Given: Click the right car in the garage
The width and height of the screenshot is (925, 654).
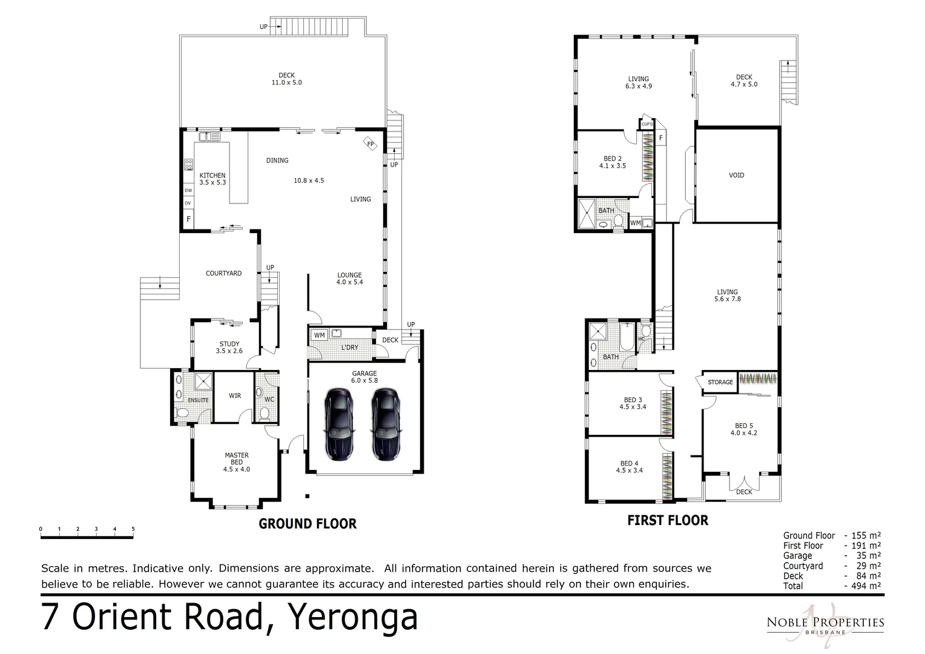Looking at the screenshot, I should coord(386,423).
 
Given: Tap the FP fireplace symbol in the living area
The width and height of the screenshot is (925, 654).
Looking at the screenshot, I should coord(370,144).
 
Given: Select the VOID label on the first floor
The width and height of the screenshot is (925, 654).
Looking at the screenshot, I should coord(736,175).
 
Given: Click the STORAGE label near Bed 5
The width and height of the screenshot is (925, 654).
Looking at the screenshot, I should coord(720,382).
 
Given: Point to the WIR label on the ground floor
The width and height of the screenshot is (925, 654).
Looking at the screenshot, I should coord(235,396).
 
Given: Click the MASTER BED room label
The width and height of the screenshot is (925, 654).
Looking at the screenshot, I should coord(236,459).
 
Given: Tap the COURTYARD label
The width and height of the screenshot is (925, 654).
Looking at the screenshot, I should coord(223,274).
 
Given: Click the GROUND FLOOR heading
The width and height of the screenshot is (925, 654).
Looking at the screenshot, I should coord(308,524).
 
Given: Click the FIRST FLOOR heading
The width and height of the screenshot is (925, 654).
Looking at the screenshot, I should coord(667,520).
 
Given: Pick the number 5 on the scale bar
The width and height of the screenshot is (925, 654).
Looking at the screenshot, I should coord(133,529).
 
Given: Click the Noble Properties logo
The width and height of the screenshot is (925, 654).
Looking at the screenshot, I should coord(825,623).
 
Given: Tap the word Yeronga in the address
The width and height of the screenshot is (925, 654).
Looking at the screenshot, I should coord(352,616).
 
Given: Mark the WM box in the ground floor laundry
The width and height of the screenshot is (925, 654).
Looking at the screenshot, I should coord(319,335).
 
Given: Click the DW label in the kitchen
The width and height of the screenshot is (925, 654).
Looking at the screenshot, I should coord(188,190).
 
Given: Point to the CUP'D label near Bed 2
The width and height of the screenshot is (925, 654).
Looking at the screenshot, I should coord(647,124).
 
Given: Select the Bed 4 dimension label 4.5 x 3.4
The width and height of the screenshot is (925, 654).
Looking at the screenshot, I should coord(630,471).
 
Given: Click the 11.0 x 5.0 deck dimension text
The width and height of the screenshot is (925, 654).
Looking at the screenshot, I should coord(286,82).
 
